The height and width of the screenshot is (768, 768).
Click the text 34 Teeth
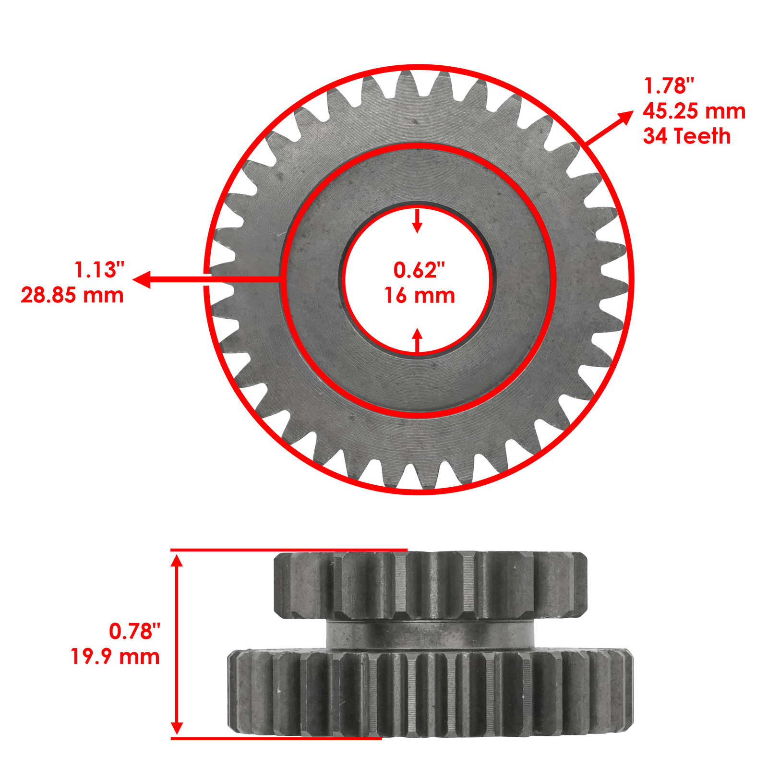pos(686,136)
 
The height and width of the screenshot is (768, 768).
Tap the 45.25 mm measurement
pos(694,111)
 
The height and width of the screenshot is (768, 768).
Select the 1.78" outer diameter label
pos(669,86)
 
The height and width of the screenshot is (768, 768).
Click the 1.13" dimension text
pos(99,270)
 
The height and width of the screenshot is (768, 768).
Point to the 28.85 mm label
pos(72,295)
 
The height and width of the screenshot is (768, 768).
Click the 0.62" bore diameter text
pos(419,270)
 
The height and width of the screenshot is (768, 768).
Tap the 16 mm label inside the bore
pos(419,296)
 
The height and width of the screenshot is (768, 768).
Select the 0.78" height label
pos(134,631)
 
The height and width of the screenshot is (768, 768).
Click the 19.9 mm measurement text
pos(115,656)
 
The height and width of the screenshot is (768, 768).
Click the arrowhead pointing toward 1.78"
pos(626,116)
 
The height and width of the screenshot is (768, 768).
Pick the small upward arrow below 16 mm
pos(417,335)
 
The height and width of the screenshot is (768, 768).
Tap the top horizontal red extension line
pos(288,550)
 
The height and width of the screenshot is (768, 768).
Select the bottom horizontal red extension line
pos(276,738)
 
